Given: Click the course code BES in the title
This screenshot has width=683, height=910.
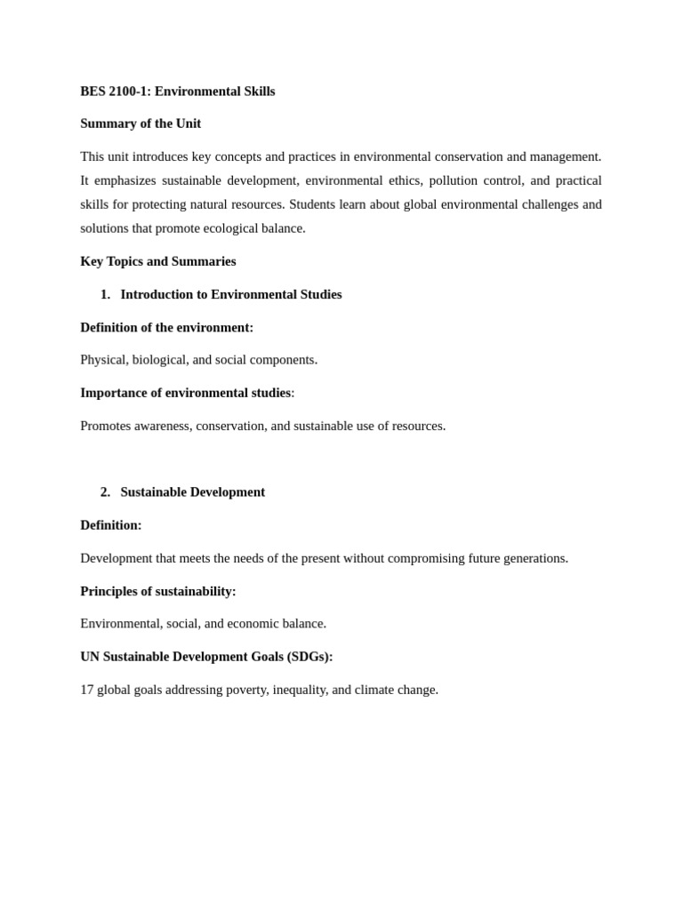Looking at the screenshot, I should [93, 92].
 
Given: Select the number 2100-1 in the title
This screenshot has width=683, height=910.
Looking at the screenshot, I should [130, 92].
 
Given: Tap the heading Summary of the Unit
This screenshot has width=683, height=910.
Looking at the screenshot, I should [141, 124].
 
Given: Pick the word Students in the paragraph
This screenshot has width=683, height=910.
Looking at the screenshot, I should [313, 204].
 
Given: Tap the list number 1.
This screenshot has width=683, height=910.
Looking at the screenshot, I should [105, 294].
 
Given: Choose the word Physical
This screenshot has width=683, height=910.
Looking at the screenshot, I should [103, 360].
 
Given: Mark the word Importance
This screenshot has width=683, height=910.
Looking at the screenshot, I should [112, 393].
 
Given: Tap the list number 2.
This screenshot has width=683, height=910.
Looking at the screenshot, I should [105, 492].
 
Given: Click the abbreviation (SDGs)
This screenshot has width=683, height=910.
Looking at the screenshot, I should [309, 657].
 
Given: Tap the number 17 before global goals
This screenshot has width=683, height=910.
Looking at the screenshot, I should [87, 690].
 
